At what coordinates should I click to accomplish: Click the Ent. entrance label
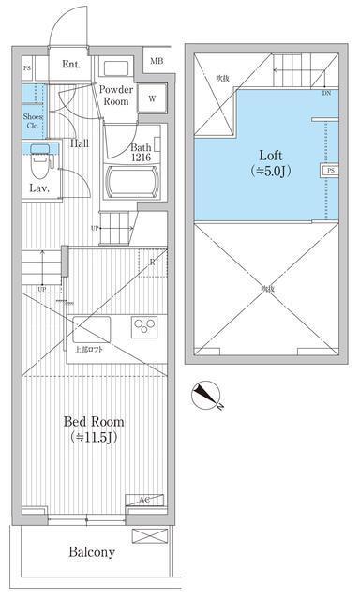(x=71, y=66)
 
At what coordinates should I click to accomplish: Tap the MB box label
(x=155, y=63)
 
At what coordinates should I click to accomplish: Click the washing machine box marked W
(x=152, y=97)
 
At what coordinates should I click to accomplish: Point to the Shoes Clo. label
(x=31, y=122)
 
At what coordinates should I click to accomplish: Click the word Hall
(x=80, y=143)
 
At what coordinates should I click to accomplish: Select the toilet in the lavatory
(x=39, y=164)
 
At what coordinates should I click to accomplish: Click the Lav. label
(x=38, y=188)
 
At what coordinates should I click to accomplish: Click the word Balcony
(x=91, y=552)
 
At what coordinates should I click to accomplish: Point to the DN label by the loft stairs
(x=326, y=94)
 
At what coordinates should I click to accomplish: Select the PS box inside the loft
(x=331, y=172)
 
